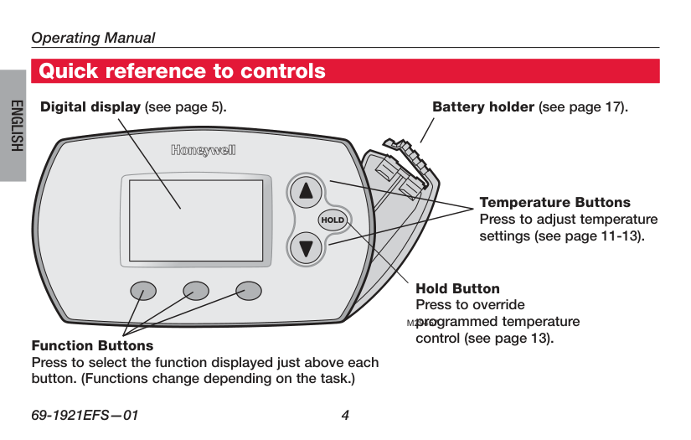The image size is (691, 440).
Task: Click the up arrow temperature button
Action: click(x=307, y=191)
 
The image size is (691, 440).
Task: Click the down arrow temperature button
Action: click(x=307, y=248)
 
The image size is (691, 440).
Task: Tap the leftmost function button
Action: click(x=143, y=290)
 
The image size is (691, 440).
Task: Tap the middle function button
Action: click(x=196, y=290)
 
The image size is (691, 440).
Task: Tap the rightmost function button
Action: click(x=249, y=290)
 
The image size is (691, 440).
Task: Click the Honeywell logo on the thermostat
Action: click(x=204, y=151)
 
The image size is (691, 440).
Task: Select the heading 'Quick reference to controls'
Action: click(x=183, y=71)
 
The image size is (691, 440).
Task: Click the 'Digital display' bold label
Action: click(x=91, y=107)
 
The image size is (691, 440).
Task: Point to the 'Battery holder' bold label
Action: click(x=482, y=107)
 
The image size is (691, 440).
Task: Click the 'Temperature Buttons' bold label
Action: click(x=554, y=203)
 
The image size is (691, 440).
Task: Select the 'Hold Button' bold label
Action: click(x=457, y=289)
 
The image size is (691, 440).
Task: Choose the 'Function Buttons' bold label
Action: click(x=92, y=345)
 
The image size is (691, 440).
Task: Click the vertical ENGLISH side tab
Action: click(x=14, y=126)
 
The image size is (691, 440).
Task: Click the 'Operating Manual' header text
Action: click(x=93, y=38)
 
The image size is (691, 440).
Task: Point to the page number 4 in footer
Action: click(x=345, y=414)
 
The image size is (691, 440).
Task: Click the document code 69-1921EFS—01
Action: click(x=84, y=414)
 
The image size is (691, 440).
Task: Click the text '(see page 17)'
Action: click(x=583, y=107)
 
